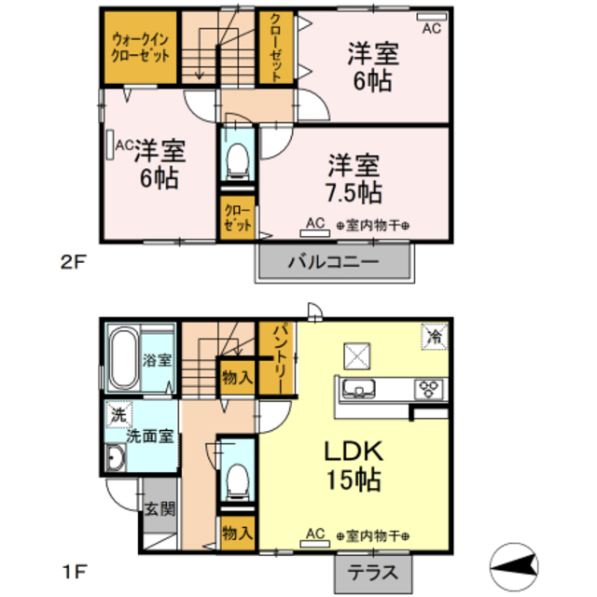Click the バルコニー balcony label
point(333,263)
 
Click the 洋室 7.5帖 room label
point(354,180)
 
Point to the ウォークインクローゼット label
point(141,47)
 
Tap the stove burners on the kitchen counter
point(431,388)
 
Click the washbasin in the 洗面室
point(116,458)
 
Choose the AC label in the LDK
point(314,534)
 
